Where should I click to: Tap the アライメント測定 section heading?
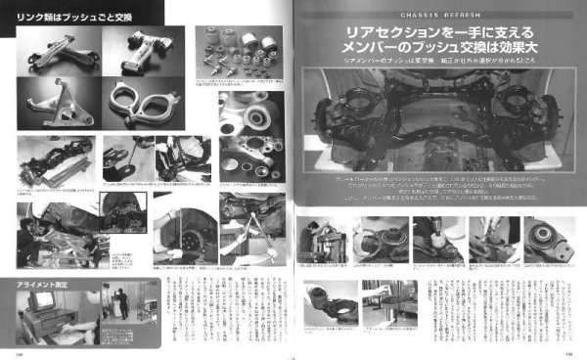pos(45,284)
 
